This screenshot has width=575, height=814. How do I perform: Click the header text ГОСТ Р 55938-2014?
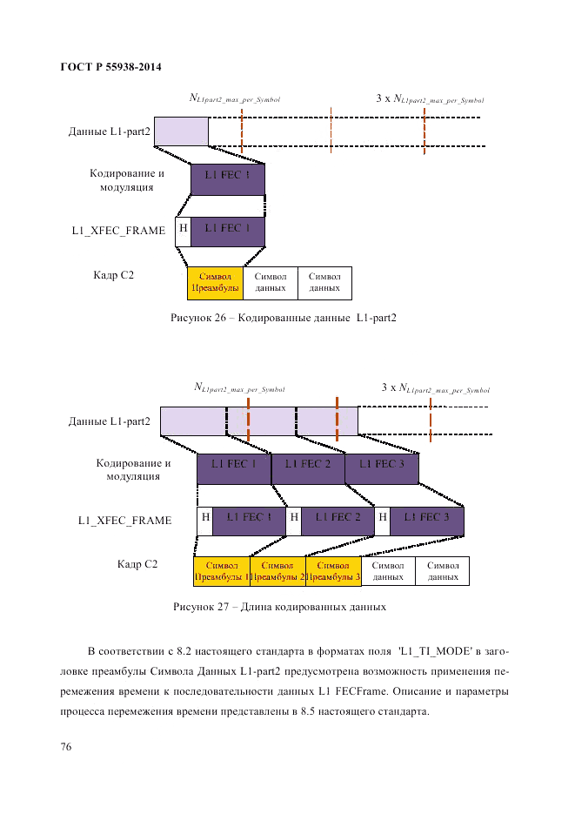point(111,66)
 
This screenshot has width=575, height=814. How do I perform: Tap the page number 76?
point(66,748)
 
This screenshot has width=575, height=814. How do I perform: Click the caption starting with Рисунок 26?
point(283,318)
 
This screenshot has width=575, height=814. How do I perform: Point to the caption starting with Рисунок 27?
point(279,606)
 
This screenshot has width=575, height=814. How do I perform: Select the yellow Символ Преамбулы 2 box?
point(277,571)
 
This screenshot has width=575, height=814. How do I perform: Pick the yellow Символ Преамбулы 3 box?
point(332,571)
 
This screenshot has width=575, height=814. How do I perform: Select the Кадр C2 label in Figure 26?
point(113,275)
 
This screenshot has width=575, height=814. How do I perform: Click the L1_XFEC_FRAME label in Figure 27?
point(124,521)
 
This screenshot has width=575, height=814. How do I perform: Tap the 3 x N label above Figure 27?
point(435,388)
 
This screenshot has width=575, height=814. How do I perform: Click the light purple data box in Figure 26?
point(181,131)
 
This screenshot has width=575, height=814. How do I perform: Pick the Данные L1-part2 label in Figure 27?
point(110,422)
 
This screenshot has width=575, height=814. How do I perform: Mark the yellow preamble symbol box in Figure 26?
point(215,282)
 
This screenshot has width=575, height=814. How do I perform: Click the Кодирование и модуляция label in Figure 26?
point(126,180)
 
